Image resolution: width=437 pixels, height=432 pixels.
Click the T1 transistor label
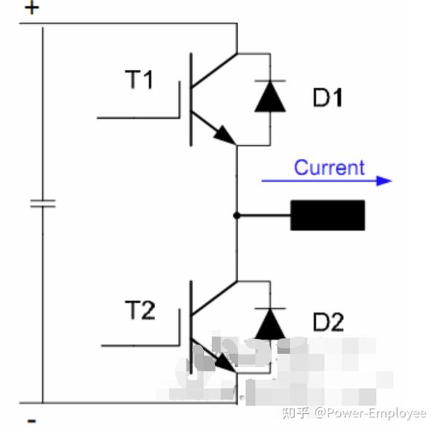140,79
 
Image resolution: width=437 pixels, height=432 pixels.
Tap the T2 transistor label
140,311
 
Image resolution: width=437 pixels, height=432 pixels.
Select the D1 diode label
327,97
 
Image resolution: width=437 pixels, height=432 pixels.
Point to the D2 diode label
328,322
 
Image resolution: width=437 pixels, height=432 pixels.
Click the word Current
329,168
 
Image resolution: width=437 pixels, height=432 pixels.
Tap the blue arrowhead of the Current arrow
383,181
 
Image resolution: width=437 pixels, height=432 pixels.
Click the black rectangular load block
328,215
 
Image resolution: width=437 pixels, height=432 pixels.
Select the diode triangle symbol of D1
269,100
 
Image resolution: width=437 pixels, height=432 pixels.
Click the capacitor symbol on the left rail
42,203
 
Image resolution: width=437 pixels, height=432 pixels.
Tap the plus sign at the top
33,9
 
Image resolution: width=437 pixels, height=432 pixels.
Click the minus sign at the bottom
31,420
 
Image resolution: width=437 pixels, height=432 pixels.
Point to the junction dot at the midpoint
237,215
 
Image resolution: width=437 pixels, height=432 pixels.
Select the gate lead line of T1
138,117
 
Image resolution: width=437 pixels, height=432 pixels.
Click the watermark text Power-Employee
377,413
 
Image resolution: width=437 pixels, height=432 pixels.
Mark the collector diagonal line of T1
214,71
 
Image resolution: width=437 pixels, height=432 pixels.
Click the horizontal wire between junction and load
264,215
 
